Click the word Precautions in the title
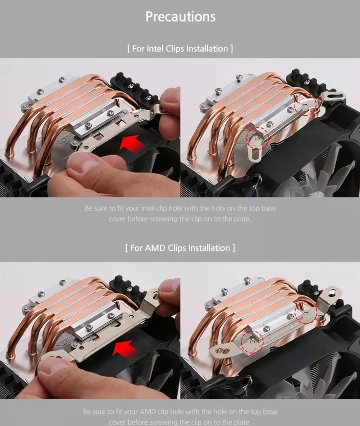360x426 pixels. [x=180, y=17]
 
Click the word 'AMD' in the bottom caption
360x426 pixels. [x=147, y=412]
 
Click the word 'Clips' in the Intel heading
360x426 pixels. [x=175, y=49]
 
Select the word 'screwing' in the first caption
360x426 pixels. [x=163, y=219]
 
